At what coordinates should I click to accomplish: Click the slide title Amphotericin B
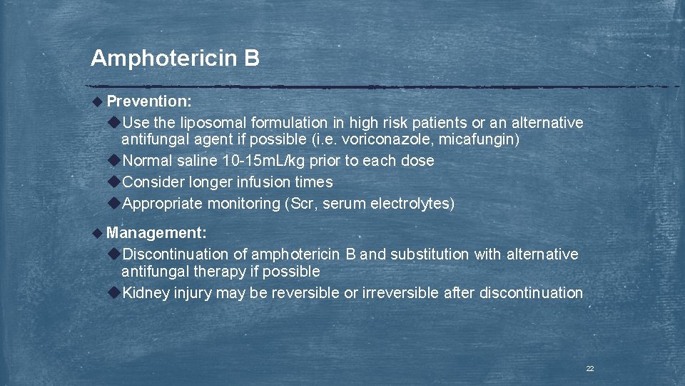pyautogui.click(x=175, y=58)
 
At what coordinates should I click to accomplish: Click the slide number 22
pyautogui.click(x=589, y=368)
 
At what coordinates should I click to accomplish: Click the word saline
pyautogui.click(x=196, y=161)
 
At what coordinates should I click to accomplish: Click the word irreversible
pyautogui.click(x=402, y=292)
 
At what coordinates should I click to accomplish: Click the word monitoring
pyautogui.click(x=243, y=204)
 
